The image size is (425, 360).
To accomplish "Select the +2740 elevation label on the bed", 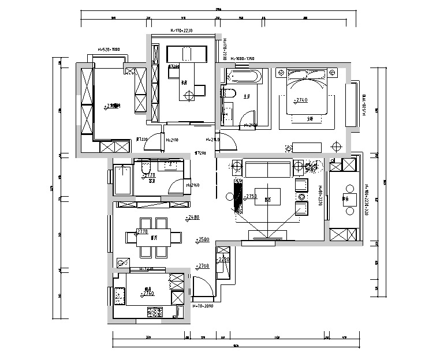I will (301, 100).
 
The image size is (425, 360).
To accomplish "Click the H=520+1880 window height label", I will (109, 50).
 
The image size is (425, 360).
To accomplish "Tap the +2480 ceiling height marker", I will (193, 218).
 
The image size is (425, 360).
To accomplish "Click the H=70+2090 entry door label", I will (204, 306).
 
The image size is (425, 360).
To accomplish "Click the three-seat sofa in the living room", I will (267, 169).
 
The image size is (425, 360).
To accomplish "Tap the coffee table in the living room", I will (268, 195).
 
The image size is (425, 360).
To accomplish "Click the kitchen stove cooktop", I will (155, 313).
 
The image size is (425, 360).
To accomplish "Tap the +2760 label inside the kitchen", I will (147, 294).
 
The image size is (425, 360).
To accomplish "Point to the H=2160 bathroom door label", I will (192, 185).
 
